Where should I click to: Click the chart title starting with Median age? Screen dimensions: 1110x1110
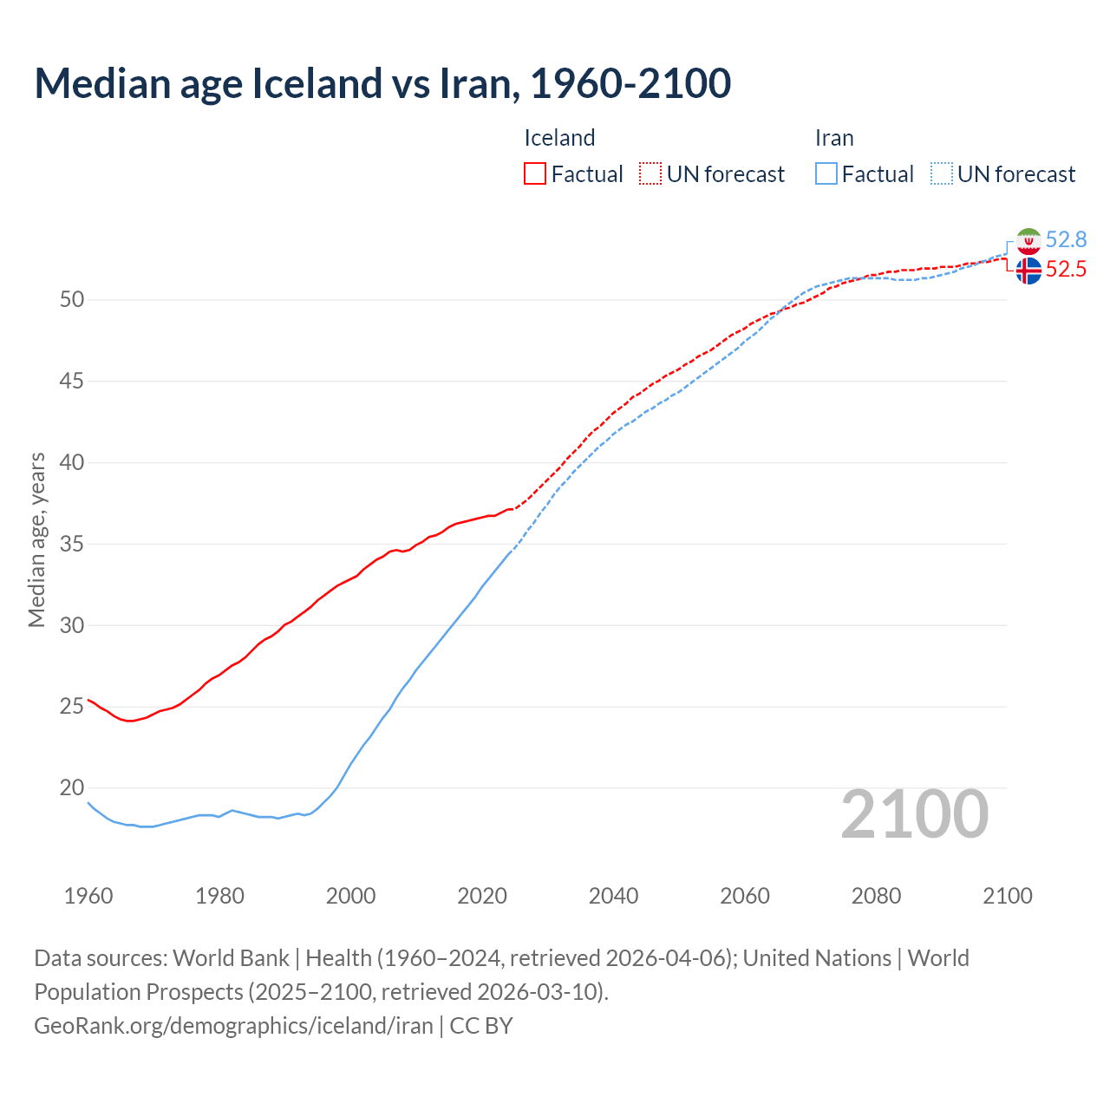[382, 83]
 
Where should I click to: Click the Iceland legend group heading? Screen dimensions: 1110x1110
[559, 138]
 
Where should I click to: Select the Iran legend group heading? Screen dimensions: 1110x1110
[834, 138]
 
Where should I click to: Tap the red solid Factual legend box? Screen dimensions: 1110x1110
[535, 173]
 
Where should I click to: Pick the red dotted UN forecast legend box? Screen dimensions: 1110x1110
[650, 173]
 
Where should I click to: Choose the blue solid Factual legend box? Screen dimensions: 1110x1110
[826, 173]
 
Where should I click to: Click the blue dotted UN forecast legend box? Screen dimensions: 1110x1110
[942, 173]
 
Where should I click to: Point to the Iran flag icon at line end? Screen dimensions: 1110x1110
[1028, 241]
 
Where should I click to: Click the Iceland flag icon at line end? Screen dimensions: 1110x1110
[1028, 271]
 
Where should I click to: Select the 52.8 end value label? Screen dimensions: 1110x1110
[1066, 239]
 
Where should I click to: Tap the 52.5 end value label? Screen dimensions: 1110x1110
[1066, 270]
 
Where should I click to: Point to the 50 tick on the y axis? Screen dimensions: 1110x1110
[72, 300]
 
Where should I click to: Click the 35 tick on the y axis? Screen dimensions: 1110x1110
[72, 545]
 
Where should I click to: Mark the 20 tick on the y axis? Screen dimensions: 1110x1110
[72, 788]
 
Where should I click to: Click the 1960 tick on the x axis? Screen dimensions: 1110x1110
[88, 896]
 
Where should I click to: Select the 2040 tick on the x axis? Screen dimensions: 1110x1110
[613, 896]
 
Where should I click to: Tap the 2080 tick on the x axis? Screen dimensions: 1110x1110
[876, 896]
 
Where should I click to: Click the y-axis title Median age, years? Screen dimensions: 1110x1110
[36, 539]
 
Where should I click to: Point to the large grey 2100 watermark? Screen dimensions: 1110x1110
[914, 813]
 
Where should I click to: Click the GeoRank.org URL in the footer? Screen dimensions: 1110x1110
[233, 1026]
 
